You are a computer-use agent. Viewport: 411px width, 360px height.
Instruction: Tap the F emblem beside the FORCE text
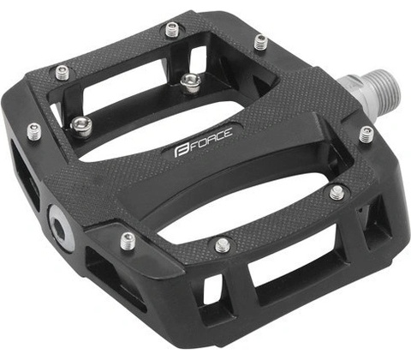(x=180, y=151)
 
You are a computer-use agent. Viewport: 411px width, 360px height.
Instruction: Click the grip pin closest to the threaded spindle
(x=366, y=135)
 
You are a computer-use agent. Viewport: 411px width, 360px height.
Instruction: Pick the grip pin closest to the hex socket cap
(x=128, y=241)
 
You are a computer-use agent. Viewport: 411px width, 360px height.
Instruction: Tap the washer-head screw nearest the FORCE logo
(x=190, y=82)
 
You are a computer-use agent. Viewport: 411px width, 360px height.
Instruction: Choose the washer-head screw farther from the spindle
(x=81, y=126)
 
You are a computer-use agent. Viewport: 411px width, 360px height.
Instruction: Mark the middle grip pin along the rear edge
(x=173, y=30)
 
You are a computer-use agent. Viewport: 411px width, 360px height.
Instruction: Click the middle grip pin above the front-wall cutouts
(x=223, y=245)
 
